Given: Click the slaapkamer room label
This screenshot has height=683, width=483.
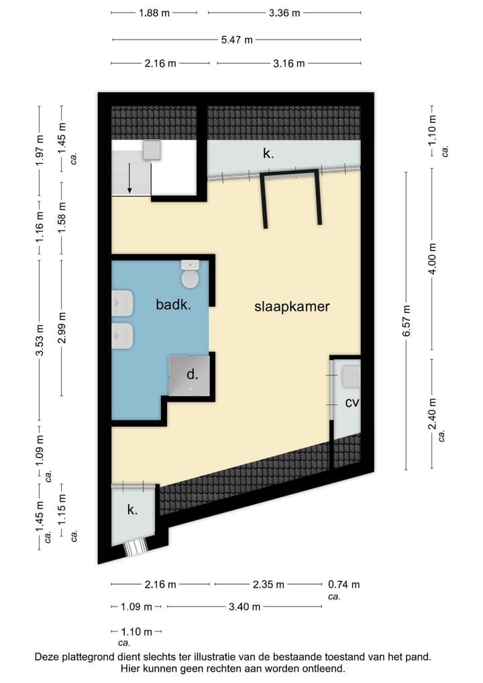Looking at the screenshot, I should click(x=292, y=306).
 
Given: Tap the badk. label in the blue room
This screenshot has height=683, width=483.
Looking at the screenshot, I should click(x=174, y=304).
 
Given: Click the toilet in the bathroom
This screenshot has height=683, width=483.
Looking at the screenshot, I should click(x=191, y=275).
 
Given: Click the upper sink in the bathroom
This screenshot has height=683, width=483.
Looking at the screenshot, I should click(x=123, y=304).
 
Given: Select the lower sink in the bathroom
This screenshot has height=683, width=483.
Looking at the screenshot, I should click(x=123, y=336).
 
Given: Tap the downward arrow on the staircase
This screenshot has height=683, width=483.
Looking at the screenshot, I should click(x=129, y=179).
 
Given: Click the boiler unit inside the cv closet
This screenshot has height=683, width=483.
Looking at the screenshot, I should click(x=352, y=376).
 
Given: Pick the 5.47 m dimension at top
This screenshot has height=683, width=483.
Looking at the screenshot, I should click(x=237, y=40).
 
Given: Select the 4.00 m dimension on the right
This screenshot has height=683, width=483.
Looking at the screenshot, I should click(x=432, y=259).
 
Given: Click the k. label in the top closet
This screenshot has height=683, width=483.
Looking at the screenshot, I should click(x=268, y=154).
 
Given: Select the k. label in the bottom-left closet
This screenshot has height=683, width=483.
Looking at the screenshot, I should click(x=132, y=510).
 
